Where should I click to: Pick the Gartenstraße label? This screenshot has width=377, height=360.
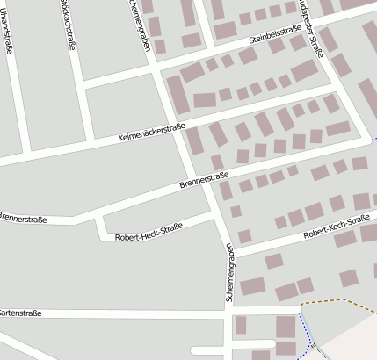tap(21, 312)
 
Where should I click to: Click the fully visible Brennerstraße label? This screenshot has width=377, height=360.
tap(204, 181)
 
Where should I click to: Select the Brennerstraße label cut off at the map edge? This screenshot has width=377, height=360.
tap(22, 216)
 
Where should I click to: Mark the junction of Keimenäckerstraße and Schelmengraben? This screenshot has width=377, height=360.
tap(175, 124)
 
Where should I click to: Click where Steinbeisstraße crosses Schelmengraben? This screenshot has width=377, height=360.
tap(156, 67)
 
